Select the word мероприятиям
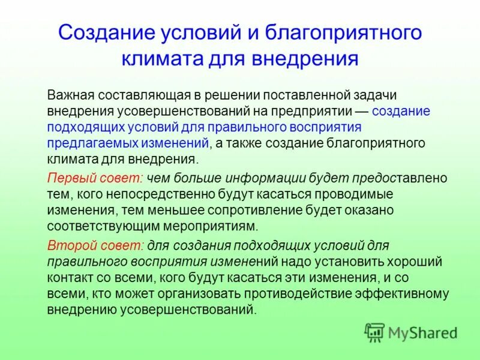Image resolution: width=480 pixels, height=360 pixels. (x=218, y=226)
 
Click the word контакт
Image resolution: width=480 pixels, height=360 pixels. (x=68, y=278)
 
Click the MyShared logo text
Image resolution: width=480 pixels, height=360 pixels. (x=422, y=332)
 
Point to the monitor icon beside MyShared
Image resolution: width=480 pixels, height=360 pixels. (x=375, y=332)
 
